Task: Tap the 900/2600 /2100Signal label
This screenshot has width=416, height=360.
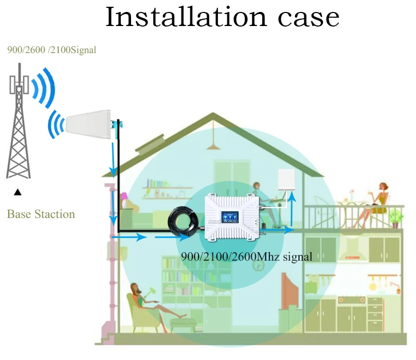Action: point(51,50)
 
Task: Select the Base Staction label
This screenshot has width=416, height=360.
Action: point(41,214)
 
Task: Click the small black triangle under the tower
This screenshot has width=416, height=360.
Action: point(18,192)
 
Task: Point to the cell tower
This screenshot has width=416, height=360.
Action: point(19,125)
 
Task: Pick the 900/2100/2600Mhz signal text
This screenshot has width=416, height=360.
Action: point(246,256)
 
